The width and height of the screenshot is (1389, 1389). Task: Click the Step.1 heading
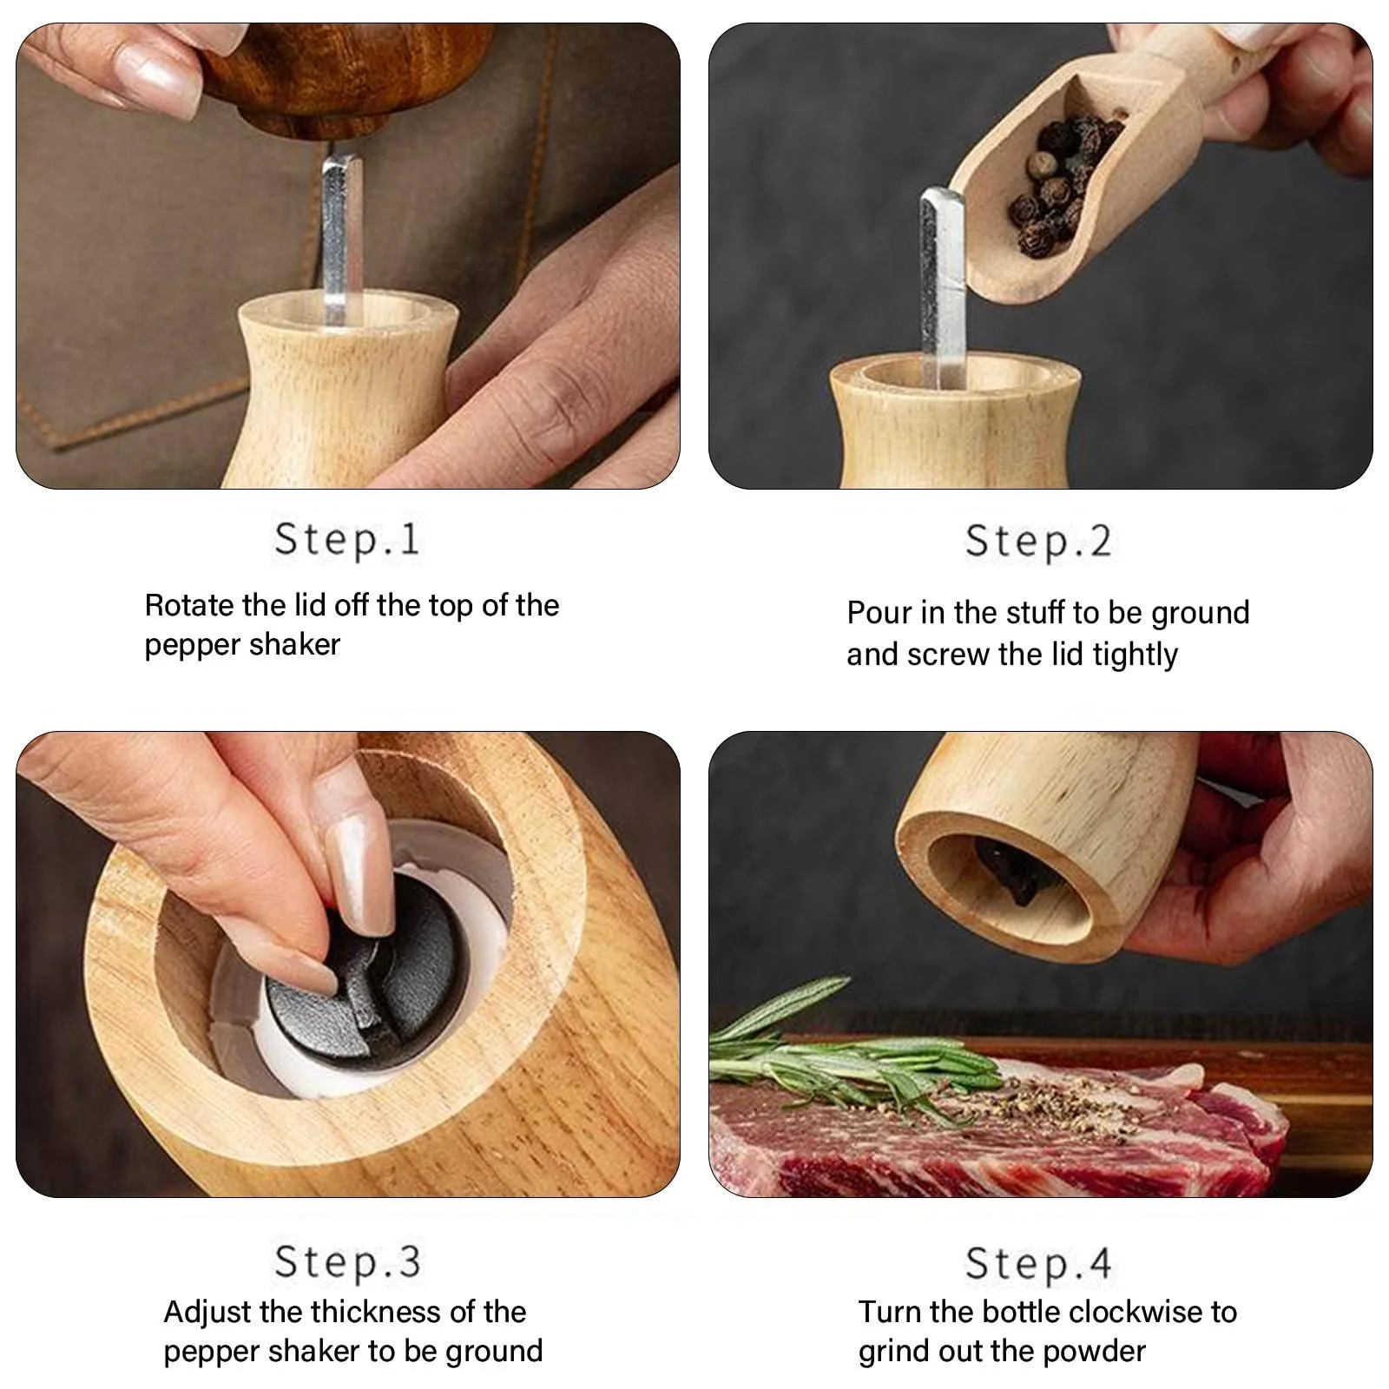pyautogui.click(x=347, y=539)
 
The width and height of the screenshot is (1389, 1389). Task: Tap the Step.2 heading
pyautogui.click(x=1038, y=541)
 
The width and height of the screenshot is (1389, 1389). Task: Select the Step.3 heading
pyautogui.click(x=347, y=1261)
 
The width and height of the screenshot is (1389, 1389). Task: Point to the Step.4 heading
pyautogui.click(x=1038, y=1263)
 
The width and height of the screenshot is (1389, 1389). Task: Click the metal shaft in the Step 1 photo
pyautogui.click(x=335, y=239)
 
